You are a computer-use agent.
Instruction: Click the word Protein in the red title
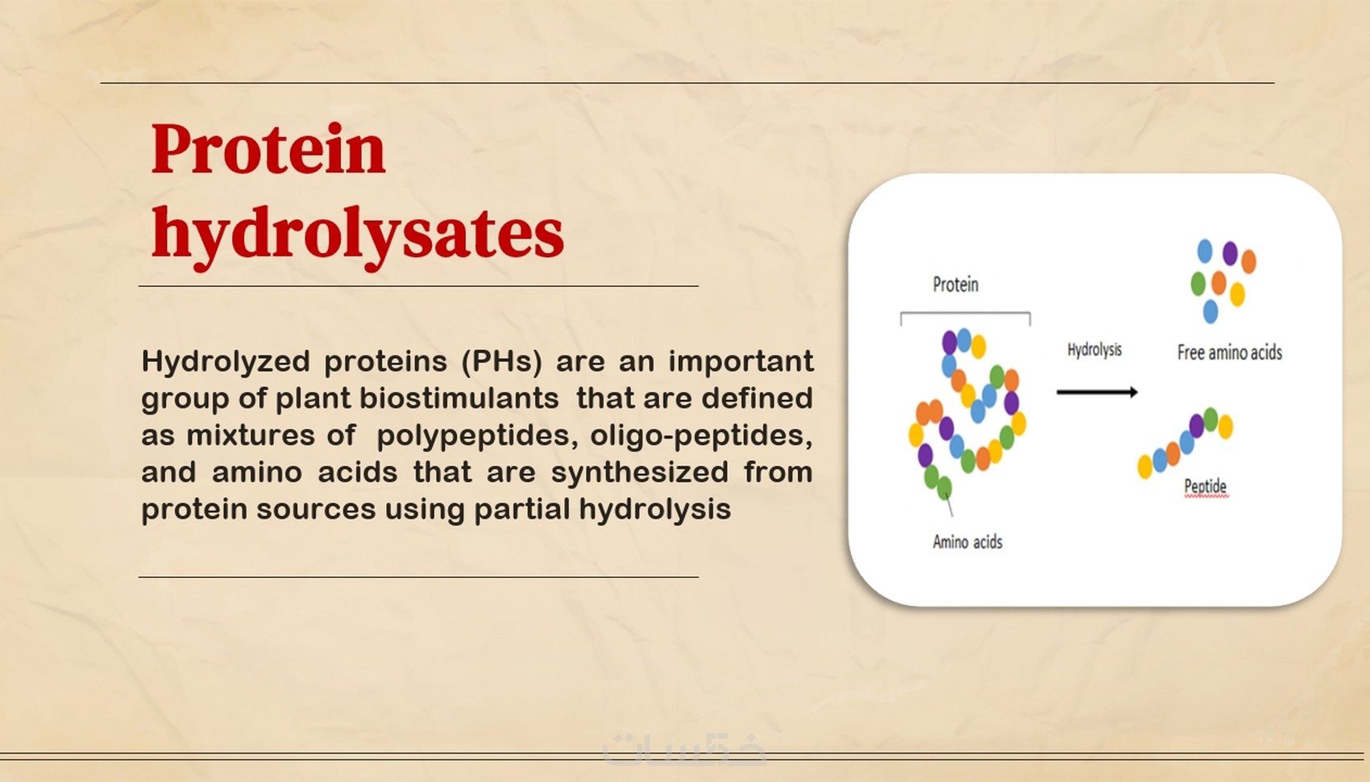pyautogui.click(x=268, y=148)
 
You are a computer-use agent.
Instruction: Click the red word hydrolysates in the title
pyautogui.click(x=357, y=235)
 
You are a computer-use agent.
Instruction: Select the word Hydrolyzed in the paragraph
pyautogui.click(x=226, y=362)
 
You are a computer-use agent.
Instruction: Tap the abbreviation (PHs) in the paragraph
pyautogui.click(x=501, y=362)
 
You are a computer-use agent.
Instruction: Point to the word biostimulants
pyautogui.click(x=459, y=398)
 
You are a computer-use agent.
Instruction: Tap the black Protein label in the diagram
pyautogui.click(x=955, y=285)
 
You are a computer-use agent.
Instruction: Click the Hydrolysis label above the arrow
pyautogui.click(x=1094, y=350)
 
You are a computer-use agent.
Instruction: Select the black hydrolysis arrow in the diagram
pyautogui.click(x=1098, y=392)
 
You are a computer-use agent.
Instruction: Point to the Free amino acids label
pyautogui.click(x=1229, y=352)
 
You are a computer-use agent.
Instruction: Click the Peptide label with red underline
pyautogui.click(x=1206, y=487)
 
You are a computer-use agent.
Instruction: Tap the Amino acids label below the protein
pyautogui.click(x=968, y=542)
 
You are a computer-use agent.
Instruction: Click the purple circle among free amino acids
pyautogui.click(x=1230, y=253)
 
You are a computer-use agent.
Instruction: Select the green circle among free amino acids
pyautogui.click(x=1198, y=283)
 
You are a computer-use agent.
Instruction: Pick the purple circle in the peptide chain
pyautogui.click(x=1197, y=426)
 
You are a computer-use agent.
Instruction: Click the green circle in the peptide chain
pyautogui.click(x=1211, y=419)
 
